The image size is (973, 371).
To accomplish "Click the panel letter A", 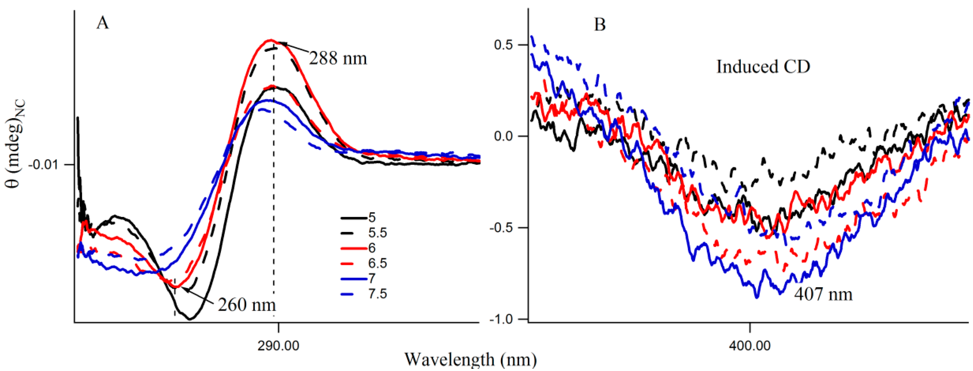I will [103, 23].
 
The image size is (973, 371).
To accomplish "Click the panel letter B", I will [600, 25].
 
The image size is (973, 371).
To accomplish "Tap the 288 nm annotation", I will [338, 59].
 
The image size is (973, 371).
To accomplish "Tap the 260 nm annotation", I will [247, 305].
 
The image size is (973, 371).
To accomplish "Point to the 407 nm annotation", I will [823, 294].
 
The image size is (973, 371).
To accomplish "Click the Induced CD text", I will [763, 67].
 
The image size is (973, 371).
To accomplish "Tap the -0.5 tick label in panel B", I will [502, 228].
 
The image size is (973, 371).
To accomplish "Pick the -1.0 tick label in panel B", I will [502, 320].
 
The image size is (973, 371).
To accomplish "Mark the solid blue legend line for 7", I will [354, 279].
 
